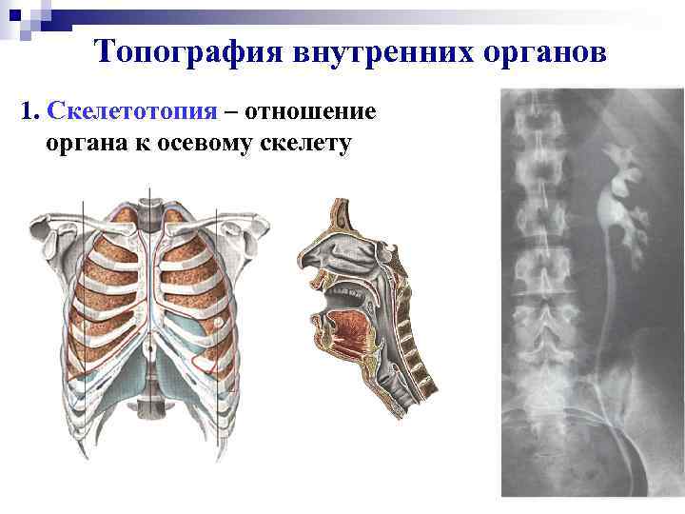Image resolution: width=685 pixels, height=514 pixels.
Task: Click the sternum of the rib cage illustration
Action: coord(145,286)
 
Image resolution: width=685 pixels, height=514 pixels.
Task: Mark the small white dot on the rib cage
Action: coord(217,325)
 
